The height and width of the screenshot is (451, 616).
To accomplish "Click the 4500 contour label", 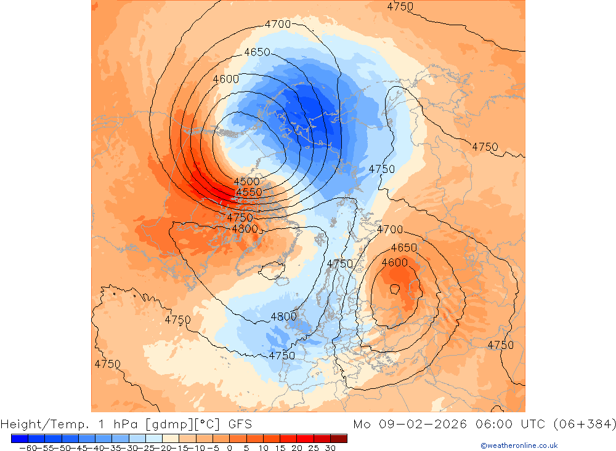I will (246, 182).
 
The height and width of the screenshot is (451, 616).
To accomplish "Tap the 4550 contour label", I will (249, 192).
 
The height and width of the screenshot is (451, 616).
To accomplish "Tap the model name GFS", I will (240, 424).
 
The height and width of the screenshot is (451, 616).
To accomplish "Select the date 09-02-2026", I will (422, 424).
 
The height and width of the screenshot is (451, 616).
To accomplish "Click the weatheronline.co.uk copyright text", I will (519, 445).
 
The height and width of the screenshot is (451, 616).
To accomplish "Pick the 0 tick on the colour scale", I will (229, 447).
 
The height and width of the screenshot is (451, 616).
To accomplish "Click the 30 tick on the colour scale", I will (330, 447).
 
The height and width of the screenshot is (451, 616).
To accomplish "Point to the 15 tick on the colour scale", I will (280, 447).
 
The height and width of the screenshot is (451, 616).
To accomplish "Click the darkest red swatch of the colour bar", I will (338, 438).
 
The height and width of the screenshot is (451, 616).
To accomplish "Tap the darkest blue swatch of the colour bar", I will (19, 438).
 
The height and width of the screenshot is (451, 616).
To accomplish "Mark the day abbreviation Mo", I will (362, 424).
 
